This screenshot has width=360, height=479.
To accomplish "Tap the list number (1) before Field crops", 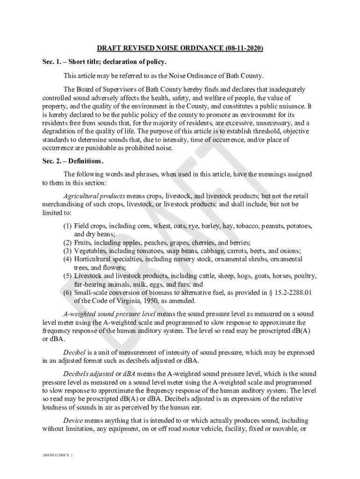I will point(67,226).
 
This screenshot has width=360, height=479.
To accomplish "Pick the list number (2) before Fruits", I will point(67,243).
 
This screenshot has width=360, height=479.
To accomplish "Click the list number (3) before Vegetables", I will point(67,251).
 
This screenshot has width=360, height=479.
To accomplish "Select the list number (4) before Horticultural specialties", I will point(67,259).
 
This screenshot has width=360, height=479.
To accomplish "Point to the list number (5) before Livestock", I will point(67,276).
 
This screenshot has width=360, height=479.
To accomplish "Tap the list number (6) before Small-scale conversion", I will point(67,293).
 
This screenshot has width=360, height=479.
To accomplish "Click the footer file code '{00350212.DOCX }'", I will point(58,454).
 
